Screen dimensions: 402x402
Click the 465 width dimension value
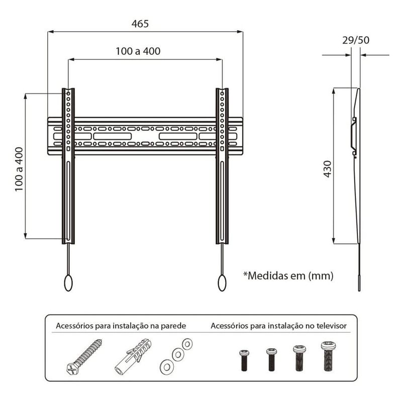(140, 24)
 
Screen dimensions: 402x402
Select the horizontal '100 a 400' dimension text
(138, 51)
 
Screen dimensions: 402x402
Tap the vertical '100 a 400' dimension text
(19, 169)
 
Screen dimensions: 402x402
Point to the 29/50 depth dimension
(356, 40)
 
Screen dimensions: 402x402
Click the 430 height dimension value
(328, 169)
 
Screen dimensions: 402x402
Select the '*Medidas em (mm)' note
(288, 276)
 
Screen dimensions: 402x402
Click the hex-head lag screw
(84, 356)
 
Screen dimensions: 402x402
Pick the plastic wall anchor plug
(133, 356)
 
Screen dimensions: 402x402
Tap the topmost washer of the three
(187, 344)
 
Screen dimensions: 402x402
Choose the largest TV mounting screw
(329, 356)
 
